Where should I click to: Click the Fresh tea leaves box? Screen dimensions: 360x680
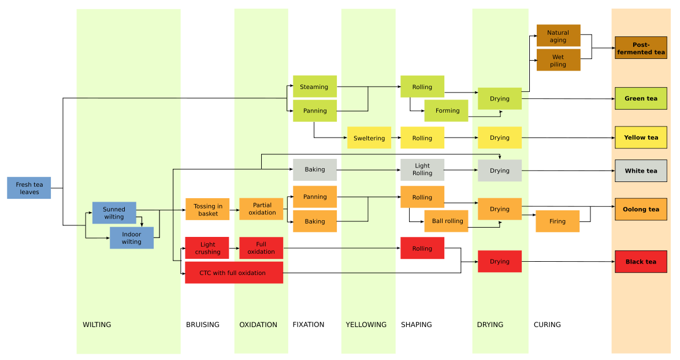[29, 188]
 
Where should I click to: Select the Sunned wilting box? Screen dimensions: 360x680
[114, 213]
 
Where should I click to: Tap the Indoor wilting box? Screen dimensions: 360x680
[132, 237]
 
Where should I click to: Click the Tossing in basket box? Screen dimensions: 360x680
[207, 209]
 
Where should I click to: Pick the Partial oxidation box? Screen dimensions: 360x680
[261, 209]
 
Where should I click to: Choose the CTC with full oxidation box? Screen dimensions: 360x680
[233, 273]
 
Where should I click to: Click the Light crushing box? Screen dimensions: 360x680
[207, 248]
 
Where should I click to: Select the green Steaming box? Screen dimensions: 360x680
[314, 87]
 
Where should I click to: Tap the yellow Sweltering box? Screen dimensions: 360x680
[369, 138]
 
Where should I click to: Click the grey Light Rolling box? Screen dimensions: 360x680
[422, 170]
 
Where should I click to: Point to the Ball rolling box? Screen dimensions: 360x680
[446, 221]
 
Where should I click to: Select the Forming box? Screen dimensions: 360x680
[446, 110]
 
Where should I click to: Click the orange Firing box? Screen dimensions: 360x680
[557, 221]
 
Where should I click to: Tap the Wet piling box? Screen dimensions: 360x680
[558, 60]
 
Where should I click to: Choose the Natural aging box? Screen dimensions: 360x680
[558, 36]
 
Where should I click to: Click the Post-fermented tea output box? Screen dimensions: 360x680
[641, 48]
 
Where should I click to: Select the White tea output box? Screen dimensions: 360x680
[641, 171]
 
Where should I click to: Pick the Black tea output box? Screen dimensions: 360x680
[641, 262]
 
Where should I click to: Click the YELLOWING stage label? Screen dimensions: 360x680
[366, 325]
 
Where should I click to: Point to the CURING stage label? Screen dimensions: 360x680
[547, 325]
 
